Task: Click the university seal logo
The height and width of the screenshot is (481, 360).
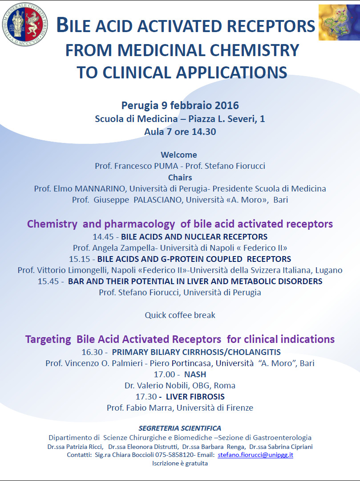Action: click(x=25, y=24)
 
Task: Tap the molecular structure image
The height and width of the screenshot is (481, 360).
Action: click(x=339, y=22)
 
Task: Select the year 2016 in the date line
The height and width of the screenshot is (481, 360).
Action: click(x=227, y=106)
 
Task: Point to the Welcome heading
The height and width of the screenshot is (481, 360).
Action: click(x=179, y=155)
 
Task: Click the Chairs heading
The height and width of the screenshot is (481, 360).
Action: click(x=180, y=178)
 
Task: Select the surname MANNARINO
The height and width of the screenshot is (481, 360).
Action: click(x=100, y=189)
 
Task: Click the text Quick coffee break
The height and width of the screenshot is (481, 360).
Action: click(x=180, y=315)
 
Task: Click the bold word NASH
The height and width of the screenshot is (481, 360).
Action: click(x=195, y=375)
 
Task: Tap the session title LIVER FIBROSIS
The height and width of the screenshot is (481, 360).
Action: click(x=195, y=397)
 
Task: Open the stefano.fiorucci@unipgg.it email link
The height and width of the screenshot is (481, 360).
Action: click(x=255, y=455)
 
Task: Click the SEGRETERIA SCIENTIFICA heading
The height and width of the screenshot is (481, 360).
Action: click(x=180, y=428)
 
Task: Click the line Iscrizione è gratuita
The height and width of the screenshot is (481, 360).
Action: click(x=180, y=464)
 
